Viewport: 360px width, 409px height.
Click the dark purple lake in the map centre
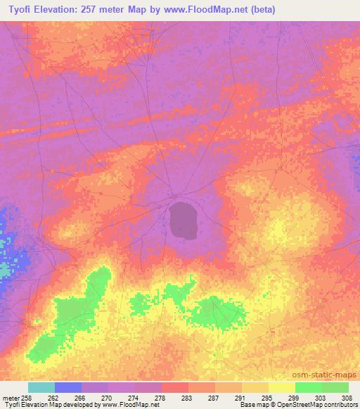[184, 219]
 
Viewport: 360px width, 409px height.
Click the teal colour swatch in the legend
[41, 387]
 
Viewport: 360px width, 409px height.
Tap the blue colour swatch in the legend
[68, 387]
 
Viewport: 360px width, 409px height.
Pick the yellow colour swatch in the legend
[282, 387]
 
